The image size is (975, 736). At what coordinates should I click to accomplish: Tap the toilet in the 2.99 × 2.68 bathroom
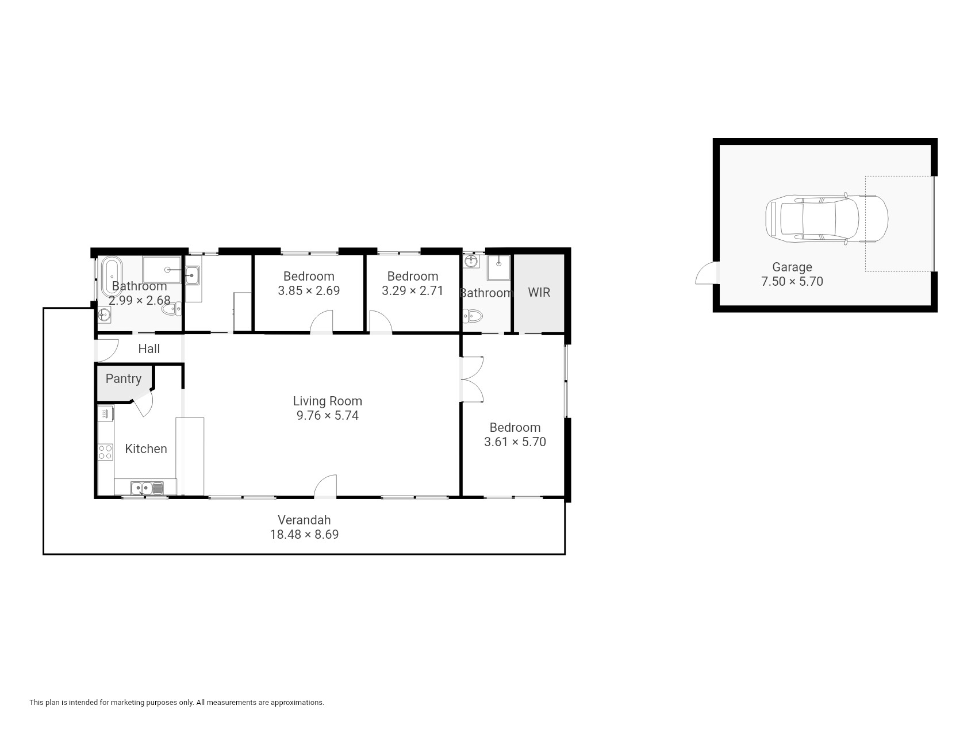pos(171,309)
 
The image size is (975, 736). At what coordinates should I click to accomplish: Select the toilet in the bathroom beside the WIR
pos(473,316)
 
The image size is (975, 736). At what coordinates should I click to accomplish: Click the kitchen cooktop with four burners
pos(105,452)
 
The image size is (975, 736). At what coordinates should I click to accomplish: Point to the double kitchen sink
pos(147,488)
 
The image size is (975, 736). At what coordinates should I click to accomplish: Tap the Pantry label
pos(124,378)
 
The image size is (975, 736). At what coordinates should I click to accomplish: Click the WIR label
pos(539,292)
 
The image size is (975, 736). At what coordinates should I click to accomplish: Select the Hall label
pos(149,348)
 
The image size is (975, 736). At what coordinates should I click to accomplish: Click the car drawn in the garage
pos(827,219)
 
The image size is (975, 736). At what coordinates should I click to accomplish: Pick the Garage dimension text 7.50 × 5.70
pos(792,281)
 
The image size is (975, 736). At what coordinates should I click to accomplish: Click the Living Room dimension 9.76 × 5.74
pos(328,415)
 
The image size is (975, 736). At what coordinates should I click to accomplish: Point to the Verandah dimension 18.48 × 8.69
pos(305,534)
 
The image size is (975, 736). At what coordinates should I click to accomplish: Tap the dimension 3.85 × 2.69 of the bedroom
pos(309,290)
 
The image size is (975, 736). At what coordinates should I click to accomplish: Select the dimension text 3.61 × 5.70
pos(515,442)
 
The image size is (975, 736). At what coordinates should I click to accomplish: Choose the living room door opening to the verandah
pos(325,486)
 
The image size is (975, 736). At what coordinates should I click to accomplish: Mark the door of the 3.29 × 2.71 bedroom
pos(381,322)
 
